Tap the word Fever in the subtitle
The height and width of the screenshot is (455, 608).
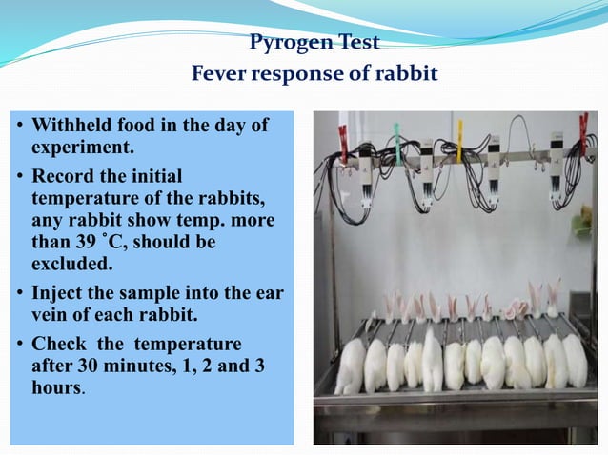tap(222, 74)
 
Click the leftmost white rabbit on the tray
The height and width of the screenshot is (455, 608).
tap(352, 366)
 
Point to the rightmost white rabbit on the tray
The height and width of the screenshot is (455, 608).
tap(576, 361)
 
